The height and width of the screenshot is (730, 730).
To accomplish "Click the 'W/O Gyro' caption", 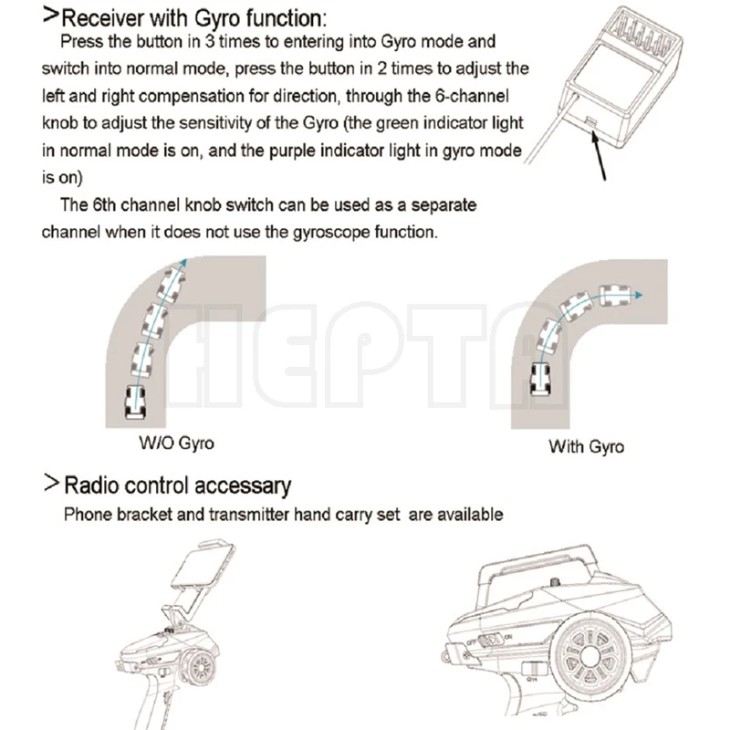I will click(x=177, y=443).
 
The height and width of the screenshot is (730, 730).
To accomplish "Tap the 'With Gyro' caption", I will click(x=586, y=446).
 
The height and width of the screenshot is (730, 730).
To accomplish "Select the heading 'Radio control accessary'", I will click(x=177, y=485).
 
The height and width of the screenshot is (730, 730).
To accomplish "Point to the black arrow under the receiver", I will click(x=601, y=155).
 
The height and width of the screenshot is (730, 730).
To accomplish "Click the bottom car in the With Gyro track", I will click(x=537, y=377).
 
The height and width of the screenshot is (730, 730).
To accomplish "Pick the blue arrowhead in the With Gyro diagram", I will click(x=638, y=296).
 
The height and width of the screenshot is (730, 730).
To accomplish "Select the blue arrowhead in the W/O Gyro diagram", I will click(x=183, y=263).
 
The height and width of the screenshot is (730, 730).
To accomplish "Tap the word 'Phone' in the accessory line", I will click(x=86, y=515).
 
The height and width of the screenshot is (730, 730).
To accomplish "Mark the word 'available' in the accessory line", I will click(x=469, y=515).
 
